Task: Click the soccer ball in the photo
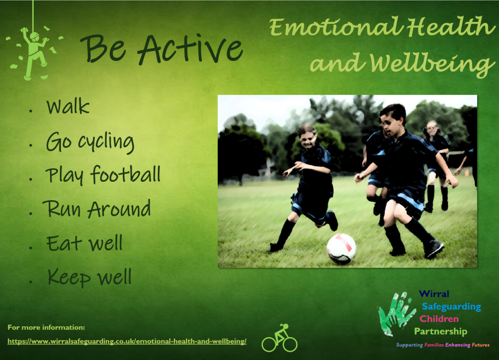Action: [341, 249]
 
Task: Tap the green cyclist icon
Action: [279, 338]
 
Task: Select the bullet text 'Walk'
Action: [68, 106]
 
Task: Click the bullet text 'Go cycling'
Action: [90, 142]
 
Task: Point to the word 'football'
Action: [125, 174]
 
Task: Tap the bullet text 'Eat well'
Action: [84, 243]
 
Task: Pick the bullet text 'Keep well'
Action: [90, 277]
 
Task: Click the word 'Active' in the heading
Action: [191, 49]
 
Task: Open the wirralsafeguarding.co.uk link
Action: [127, 341]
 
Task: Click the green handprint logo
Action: [396, 313]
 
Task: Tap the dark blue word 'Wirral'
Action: [434, 294]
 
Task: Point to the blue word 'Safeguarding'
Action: [451, 306]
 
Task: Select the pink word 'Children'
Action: [439, 319]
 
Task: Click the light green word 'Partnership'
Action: [441, 331]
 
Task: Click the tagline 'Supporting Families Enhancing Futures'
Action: [442, 345]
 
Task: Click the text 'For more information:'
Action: [46, 327]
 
